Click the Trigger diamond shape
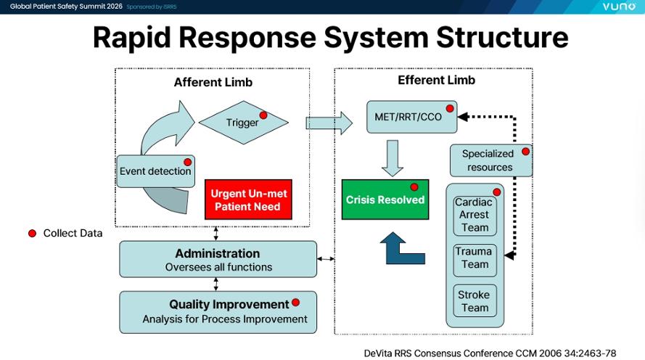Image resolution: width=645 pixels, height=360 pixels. click(x=243, y=122)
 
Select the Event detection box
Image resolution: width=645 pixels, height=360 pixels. click(x=155, y=171)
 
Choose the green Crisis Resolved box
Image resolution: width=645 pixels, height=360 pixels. click(x=385, y=200)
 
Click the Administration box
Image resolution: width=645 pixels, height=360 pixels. click(x=218, y=259)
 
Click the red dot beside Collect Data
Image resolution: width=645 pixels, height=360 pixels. click(x=32, y=233)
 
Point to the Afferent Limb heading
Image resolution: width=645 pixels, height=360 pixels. click(x=213, y=82)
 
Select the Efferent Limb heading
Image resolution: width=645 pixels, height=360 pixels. click(x=437, y=80)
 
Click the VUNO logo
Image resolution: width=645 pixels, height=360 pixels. click(x=618, y=7)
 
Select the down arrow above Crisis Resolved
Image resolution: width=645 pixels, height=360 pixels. click(x=393, y=157)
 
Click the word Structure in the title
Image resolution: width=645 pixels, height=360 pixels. click(x=482, y=38)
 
